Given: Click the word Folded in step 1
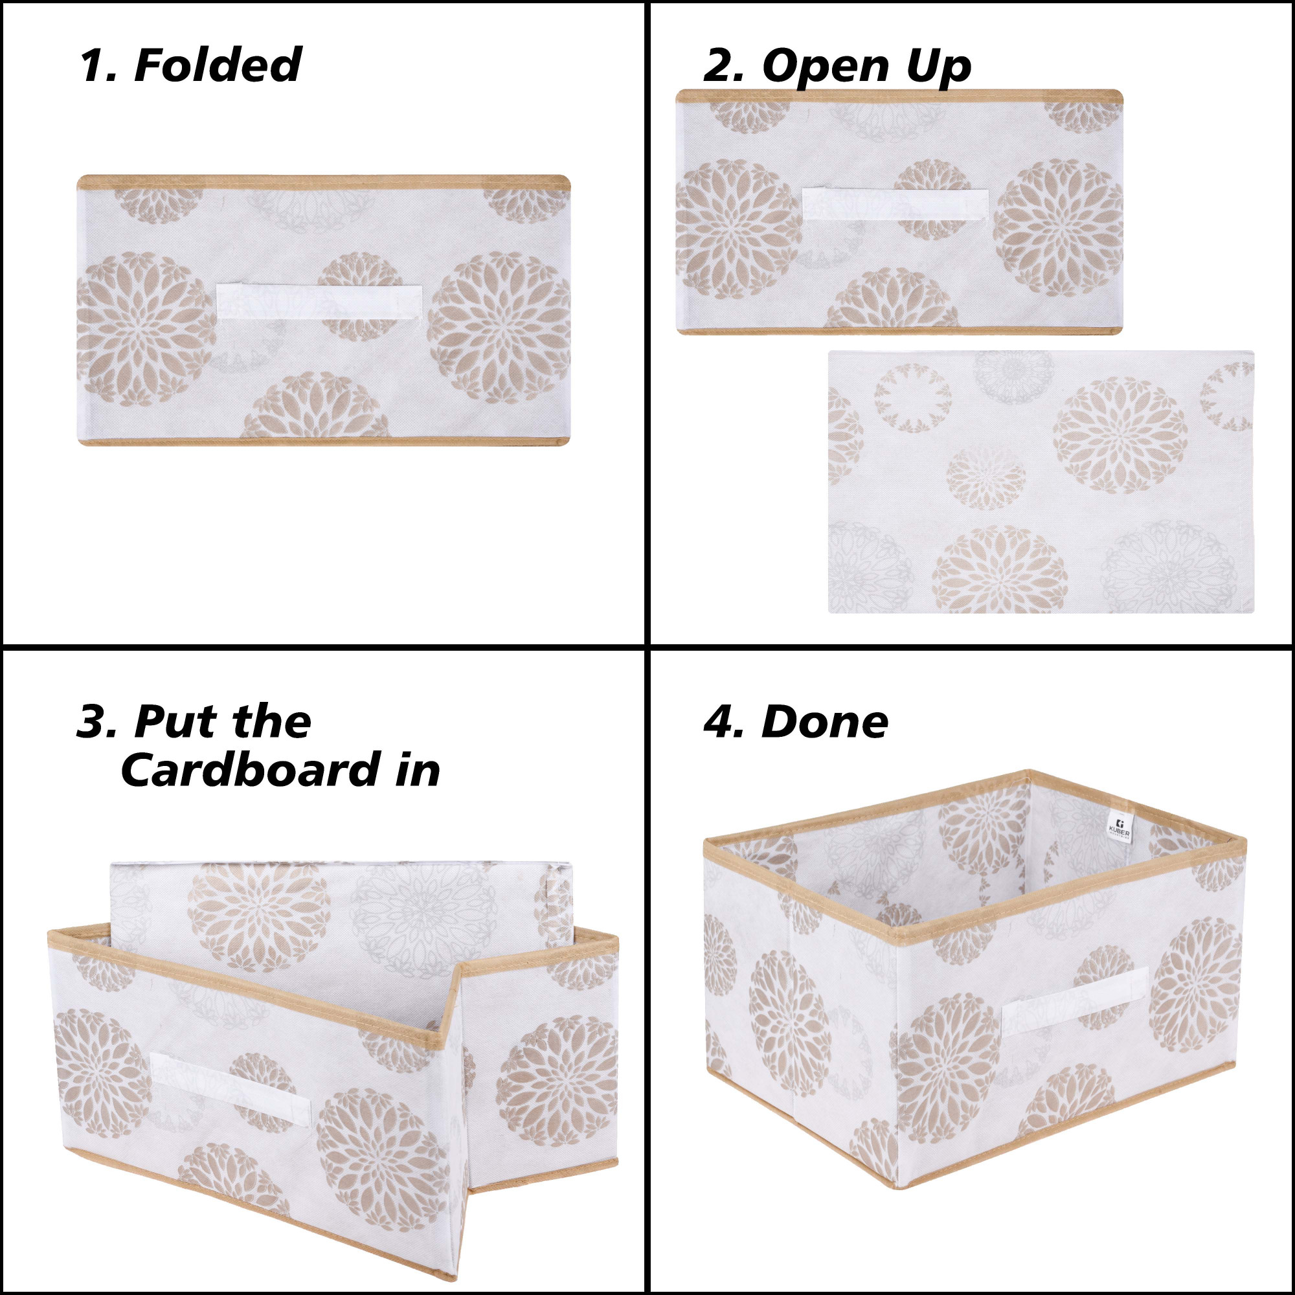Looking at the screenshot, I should [218, 65].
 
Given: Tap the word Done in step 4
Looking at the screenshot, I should [824, 722].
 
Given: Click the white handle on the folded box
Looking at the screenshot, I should [319, 302].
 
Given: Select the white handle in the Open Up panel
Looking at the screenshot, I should [895, 204].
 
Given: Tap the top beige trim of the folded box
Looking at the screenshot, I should [323, 182].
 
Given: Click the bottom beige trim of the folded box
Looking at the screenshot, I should [323, 442].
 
